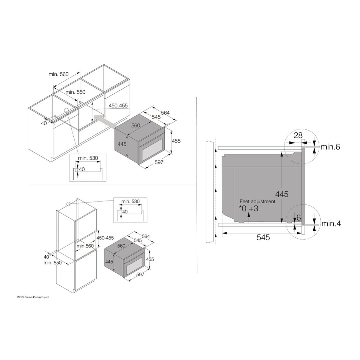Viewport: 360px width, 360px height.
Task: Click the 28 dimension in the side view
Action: tap(298, 135)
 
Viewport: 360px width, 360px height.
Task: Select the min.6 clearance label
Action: tap(330, 147)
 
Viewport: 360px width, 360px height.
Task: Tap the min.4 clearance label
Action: tap(331, 224)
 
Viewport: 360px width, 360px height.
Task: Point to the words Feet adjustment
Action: tap(257, 202)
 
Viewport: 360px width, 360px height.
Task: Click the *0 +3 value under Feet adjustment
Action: tap(249, 209)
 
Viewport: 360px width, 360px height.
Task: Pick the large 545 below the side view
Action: tap(263, 238)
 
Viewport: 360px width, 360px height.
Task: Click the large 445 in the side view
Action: tap(282, 194)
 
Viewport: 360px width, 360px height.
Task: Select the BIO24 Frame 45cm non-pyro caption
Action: tap(33, 297)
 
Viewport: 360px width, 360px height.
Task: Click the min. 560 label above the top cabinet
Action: tap(58, 74)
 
